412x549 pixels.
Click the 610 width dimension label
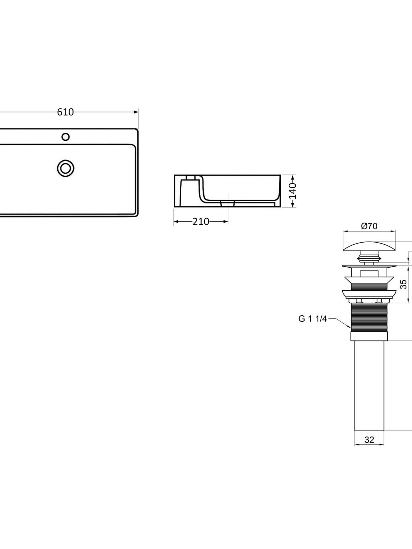[65, 112]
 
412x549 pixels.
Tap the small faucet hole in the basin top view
[66, 137]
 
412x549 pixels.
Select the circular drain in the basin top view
[66, 167]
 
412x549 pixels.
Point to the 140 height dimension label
[293, 191]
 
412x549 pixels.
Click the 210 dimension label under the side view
[201, 222]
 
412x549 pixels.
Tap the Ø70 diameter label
[369, 226]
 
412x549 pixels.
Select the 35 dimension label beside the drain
[403, 284]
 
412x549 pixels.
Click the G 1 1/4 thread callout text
[313, 319]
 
